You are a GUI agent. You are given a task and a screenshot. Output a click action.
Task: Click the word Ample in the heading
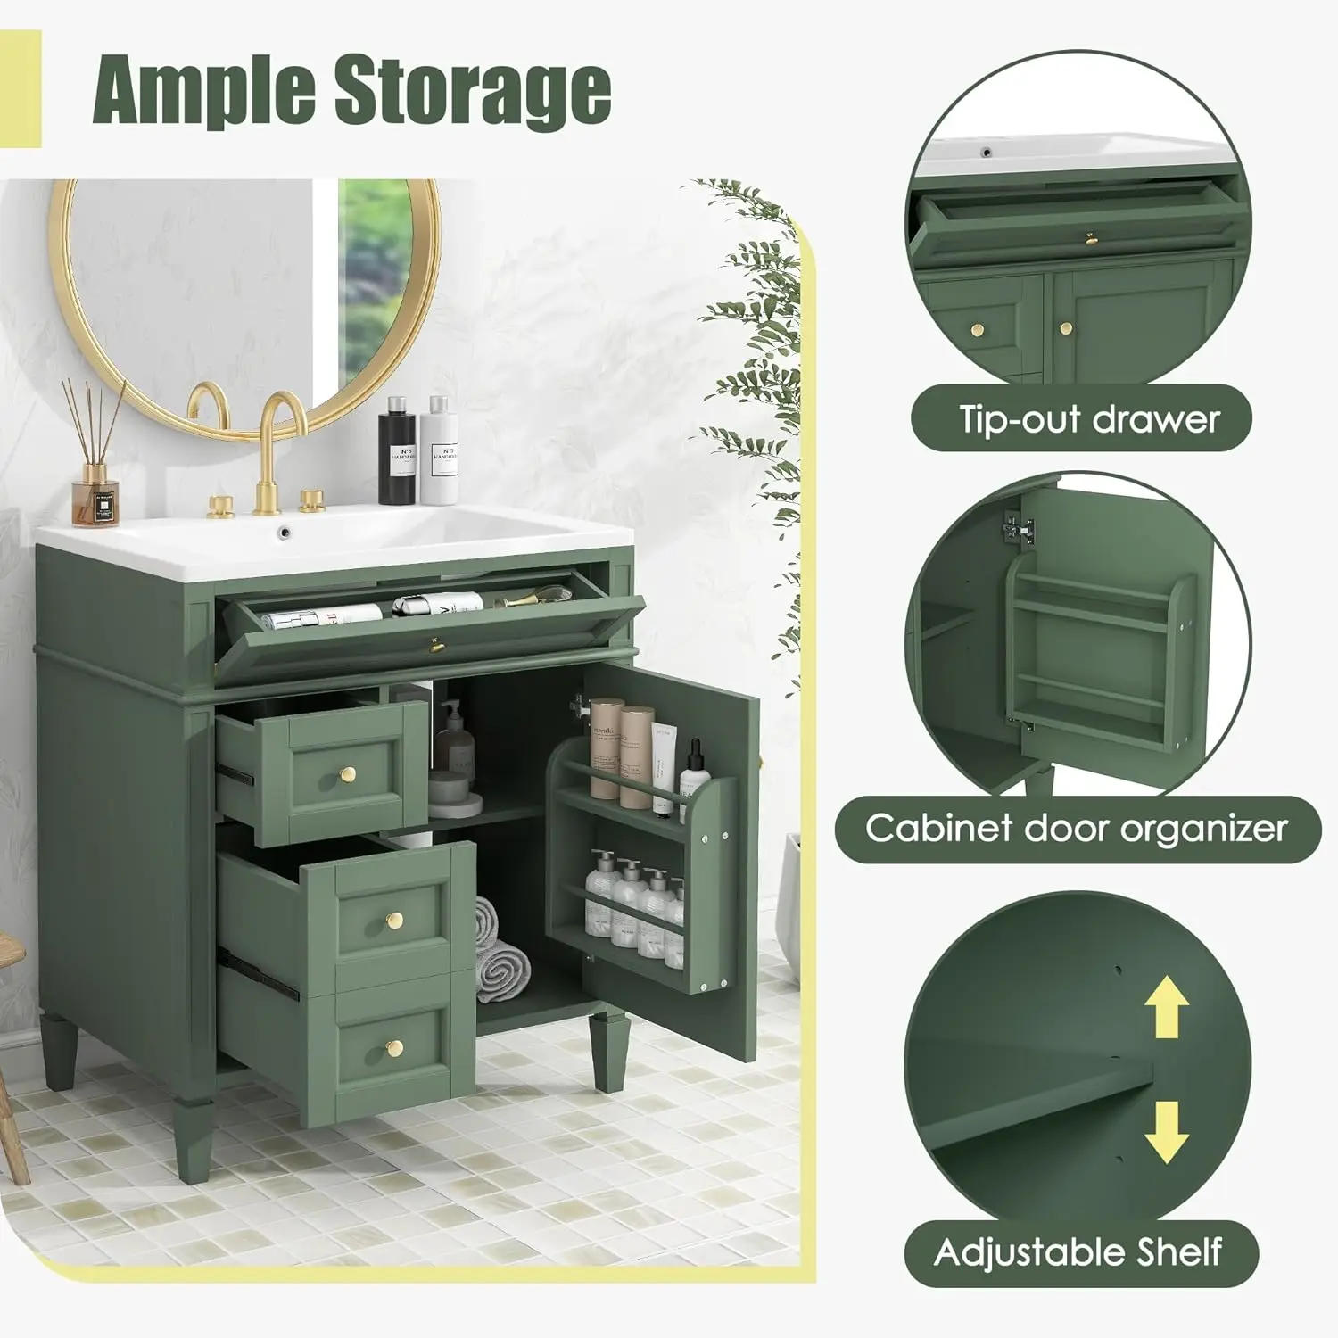(205, 90)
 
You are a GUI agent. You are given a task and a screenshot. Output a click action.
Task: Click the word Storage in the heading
(473, 90)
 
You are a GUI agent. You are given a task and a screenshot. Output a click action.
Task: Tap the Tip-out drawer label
(1088, 418)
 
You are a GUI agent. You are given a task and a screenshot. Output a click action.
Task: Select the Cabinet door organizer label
(1077, 828)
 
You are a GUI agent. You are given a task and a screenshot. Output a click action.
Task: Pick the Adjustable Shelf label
(1078, 1252)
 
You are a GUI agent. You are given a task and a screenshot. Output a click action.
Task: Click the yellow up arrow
(1166, 1007)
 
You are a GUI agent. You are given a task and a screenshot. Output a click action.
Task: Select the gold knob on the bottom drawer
(395, 1047)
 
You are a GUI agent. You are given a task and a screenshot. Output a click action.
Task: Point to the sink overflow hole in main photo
(285, 533)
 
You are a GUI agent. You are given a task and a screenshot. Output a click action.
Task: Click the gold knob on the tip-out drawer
(436, 644)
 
